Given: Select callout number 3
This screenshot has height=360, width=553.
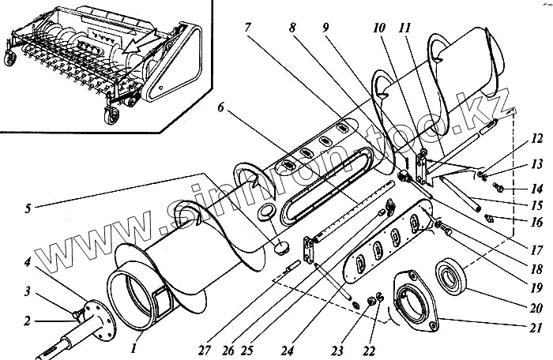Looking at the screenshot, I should [x=28, y=291].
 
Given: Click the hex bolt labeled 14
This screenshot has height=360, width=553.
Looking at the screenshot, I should [x=499, y=187].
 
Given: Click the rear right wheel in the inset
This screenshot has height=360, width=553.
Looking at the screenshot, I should [x=108, y=115].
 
